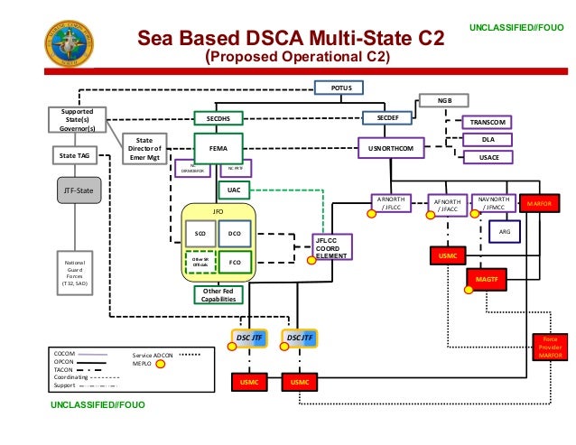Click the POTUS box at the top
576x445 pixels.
coord(339,88)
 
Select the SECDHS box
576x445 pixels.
coord(219,118)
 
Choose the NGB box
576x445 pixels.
coord(445,101)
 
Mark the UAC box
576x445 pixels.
coord(234,190)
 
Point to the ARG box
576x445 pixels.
coord(505,232)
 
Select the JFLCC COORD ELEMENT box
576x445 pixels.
coord(331,246)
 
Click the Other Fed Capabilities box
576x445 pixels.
coord(219,295)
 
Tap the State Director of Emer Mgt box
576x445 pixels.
coord(144,147)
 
